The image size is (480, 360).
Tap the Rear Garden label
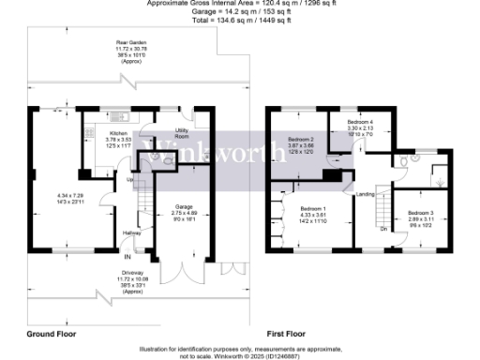click(x=129, y=43)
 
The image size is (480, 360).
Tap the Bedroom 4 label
click(x=360, y=123)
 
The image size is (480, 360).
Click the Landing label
click(x=366, y=194)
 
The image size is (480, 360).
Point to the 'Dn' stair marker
click(x=383, y=229)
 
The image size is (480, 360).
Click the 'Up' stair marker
click(x=129, y=180)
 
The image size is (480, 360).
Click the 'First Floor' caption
click(x=287, y=333)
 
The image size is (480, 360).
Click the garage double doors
click(x=178, y=272)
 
